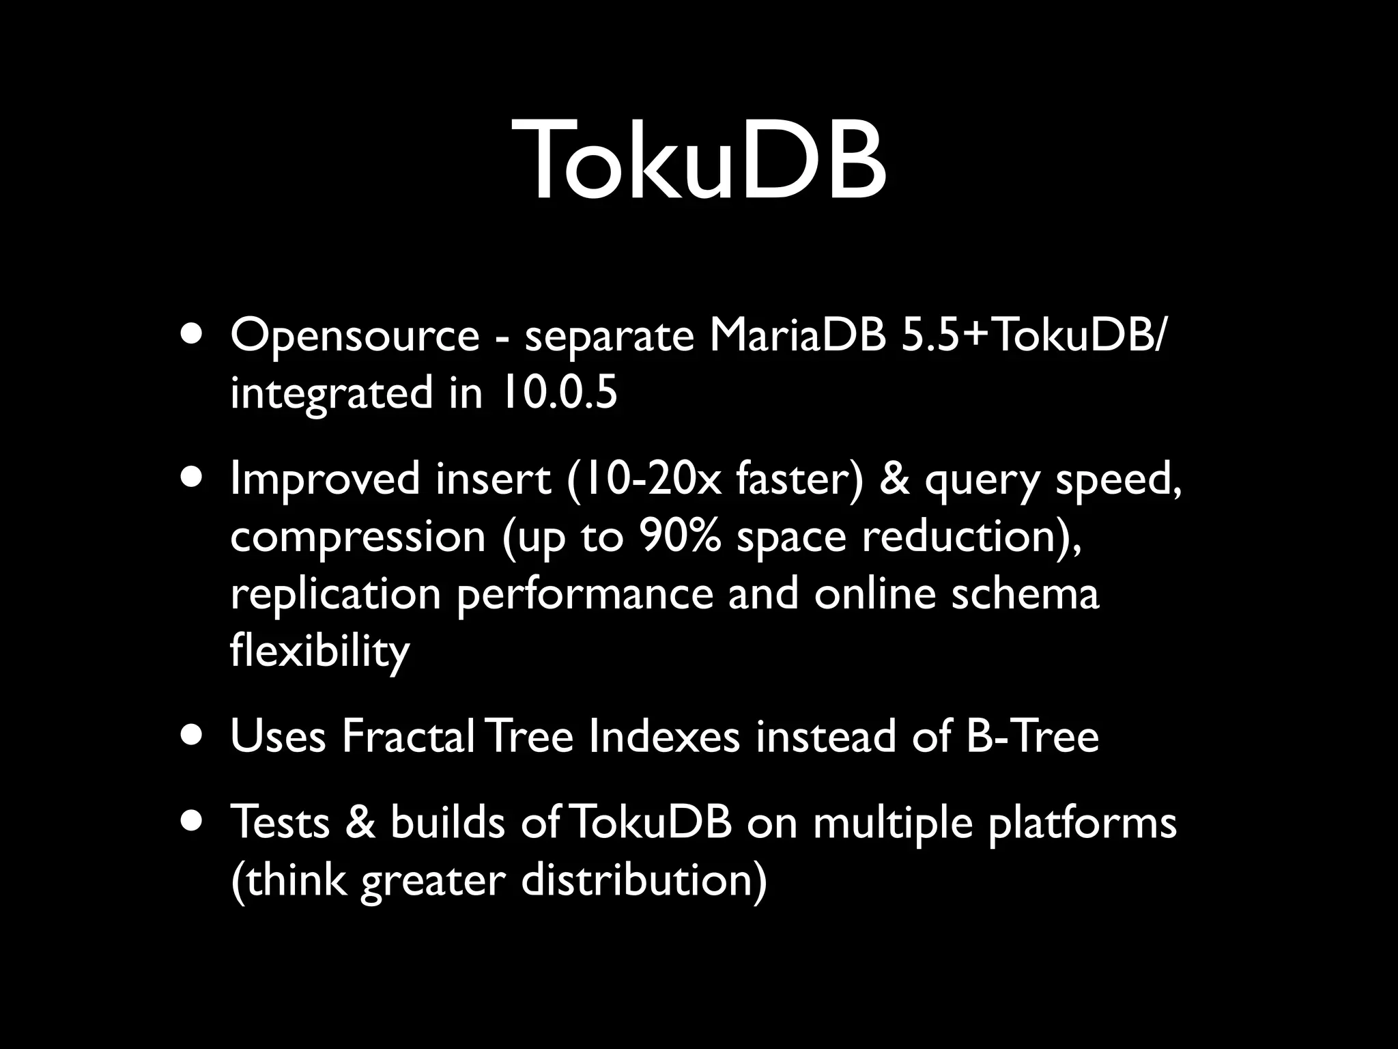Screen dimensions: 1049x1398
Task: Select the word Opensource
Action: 355,337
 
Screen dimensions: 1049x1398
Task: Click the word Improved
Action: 325,479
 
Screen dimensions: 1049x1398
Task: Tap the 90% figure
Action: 680,536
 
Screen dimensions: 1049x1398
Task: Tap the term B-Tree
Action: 1032,737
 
